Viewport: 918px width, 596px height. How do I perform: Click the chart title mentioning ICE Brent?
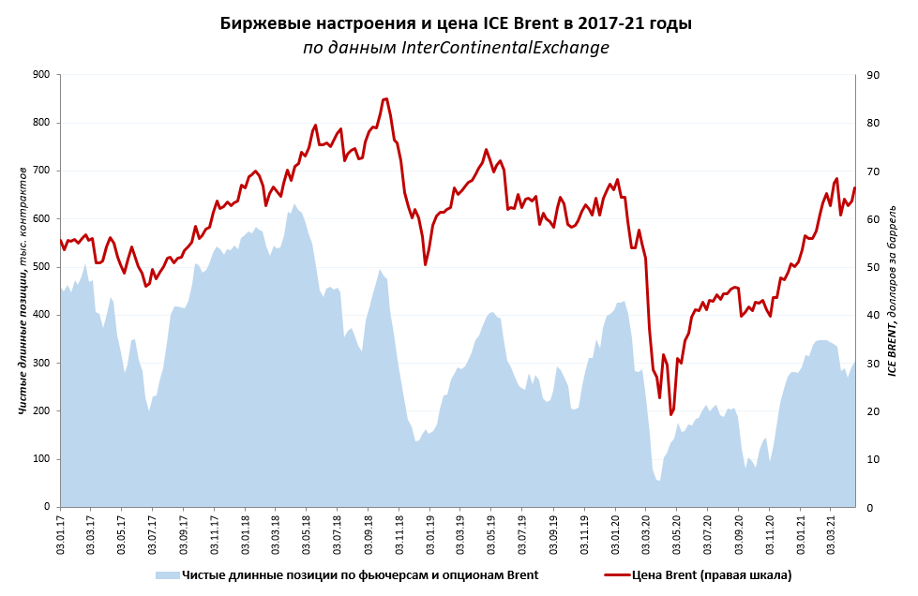click(456, 23)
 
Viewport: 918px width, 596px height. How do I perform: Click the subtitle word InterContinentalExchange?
click(504, 48)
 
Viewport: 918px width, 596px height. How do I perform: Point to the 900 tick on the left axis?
click(41, 75)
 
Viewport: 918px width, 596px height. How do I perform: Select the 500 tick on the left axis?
click(41, 267)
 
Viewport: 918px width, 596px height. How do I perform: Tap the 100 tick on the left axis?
click(41, 459)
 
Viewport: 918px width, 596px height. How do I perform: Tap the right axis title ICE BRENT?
click(893, 290)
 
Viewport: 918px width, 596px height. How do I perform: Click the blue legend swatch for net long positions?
click(168, 574)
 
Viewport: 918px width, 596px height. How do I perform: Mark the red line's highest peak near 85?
click(385, 98)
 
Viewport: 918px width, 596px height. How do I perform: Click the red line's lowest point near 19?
click(670, 414)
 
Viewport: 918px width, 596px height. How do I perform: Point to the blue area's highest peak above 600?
click(294, 204)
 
